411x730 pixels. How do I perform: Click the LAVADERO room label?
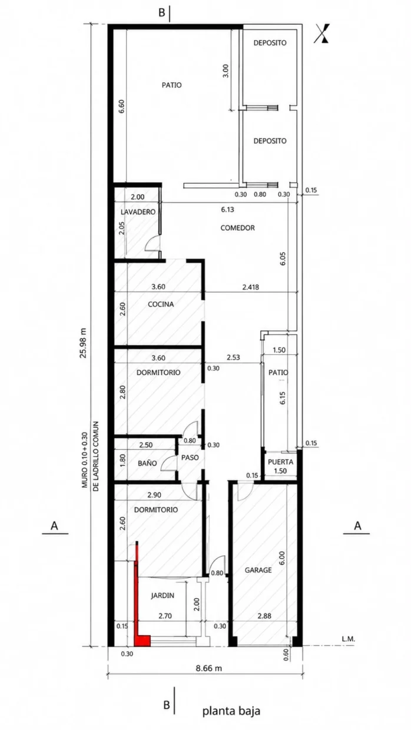[138, 212]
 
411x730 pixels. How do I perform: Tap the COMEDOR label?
[237, 228]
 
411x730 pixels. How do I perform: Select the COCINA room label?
[161, 304]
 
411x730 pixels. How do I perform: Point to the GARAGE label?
[258, 570]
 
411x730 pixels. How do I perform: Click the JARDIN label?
[163, 595]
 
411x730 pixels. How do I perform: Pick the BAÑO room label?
[147, 463]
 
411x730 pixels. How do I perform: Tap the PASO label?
[190, 457]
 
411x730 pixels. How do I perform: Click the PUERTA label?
[280, 462]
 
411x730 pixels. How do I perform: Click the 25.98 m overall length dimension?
[84, 342]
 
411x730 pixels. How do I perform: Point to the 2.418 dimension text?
[251, 287]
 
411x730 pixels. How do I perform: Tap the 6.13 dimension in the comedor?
[227, 210]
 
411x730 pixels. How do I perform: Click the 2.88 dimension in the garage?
[264, 616]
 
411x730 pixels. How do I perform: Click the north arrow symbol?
[322, 33]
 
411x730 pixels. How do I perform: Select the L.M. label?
[348, 639]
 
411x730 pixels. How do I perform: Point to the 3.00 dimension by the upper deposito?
[226, 71]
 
